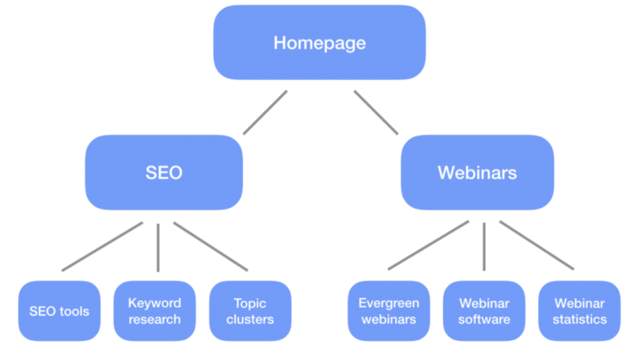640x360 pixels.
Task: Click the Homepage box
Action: tap(319, 42)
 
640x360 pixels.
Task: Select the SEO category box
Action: tap(164, 172)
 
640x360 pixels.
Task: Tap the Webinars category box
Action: tap(477, 172)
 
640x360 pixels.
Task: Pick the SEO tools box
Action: tap(59, 311)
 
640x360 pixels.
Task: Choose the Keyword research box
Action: tap(154, 311)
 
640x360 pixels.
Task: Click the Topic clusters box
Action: tap(250, 311)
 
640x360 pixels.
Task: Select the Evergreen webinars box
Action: tap(389, 311)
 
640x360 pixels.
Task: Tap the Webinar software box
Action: tap(484, 311)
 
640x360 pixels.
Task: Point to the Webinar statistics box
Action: tap(579, 311)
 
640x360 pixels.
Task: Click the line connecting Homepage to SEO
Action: tap(265, 112)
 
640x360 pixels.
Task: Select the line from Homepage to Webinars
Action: tap(376, 112)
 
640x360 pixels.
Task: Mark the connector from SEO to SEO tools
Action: tap(102, 246)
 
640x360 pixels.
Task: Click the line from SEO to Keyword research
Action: tap(158, 247)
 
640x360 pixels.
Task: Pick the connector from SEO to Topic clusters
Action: tap(211, 246)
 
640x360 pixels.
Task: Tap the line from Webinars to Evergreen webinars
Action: tap(428, 245)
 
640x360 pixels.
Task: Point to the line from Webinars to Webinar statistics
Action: tap(537, 245)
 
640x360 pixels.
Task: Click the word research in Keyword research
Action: tap(154, 319)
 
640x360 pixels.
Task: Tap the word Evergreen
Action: tap(389, 303)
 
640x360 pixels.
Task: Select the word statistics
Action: tap(579, 319)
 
